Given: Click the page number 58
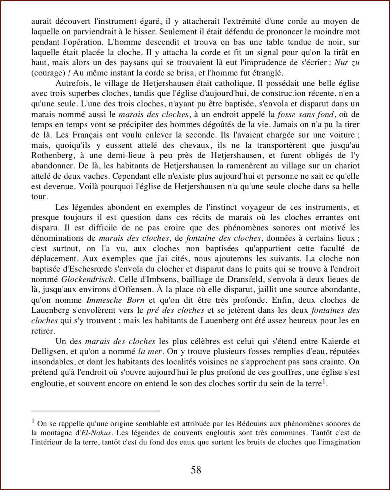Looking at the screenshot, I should [x=196, y=470].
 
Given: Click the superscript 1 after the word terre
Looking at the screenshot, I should [x=324, y=382].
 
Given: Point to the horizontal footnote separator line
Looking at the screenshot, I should [x=95, y=410].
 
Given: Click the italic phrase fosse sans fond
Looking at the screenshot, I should [x=305, y=114].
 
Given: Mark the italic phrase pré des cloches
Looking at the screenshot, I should [x=175, y=310].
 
